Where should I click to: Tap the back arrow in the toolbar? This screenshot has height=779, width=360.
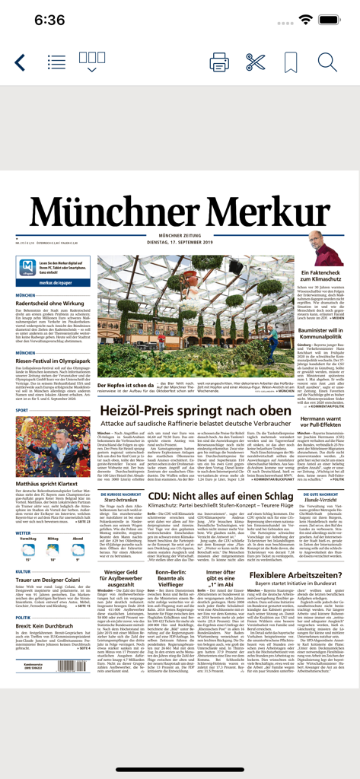21,62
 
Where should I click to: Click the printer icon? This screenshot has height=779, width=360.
219,62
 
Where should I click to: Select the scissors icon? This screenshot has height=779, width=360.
256,62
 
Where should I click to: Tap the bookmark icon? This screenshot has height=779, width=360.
291,62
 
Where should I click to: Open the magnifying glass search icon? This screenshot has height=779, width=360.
327,62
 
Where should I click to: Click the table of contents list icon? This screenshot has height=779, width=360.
56,62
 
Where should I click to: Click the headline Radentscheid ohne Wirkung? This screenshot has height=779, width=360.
49,303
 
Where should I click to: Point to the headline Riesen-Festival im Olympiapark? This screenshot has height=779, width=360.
55,362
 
